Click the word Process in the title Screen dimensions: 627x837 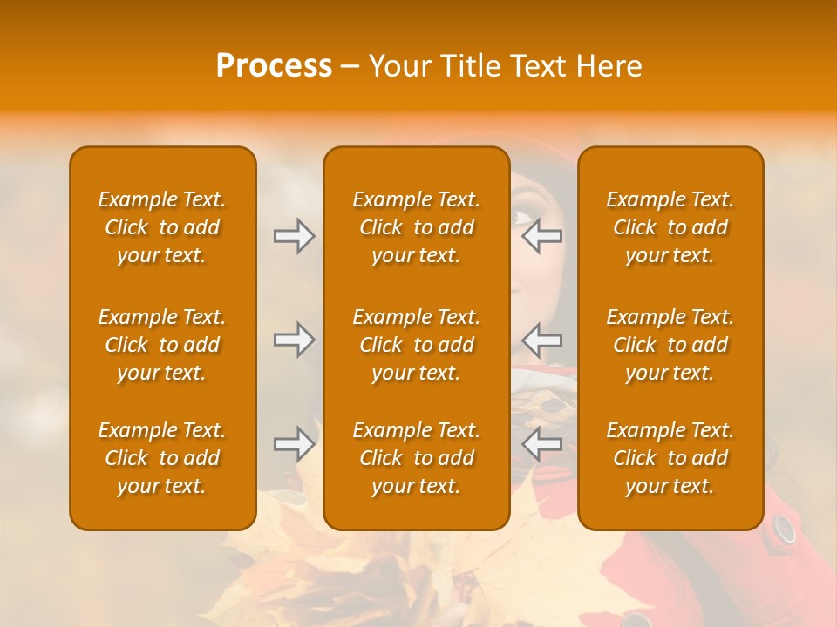(274, 66)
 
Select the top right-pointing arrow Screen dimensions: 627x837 (294, 236)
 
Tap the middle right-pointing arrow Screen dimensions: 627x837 (294, 340)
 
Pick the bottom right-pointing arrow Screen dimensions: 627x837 (294, 444)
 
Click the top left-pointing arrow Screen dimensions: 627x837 (542, 236)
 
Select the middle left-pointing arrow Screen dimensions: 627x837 (542, 340)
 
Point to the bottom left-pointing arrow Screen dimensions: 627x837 (542, 444)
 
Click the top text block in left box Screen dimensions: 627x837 (162, 227)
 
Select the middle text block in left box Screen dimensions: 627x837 (162, 345)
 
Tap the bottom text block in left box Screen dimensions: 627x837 (162, 458)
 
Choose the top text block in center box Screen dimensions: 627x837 (416, 227)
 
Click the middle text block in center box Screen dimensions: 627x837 (416, 345)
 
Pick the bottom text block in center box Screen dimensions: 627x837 (416, 458)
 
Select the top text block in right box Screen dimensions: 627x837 (670, 227)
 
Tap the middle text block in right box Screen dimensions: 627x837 (670, 345)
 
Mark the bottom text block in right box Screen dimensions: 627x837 (670, 458)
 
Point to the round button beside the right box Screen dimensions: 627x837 (785, 529)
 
